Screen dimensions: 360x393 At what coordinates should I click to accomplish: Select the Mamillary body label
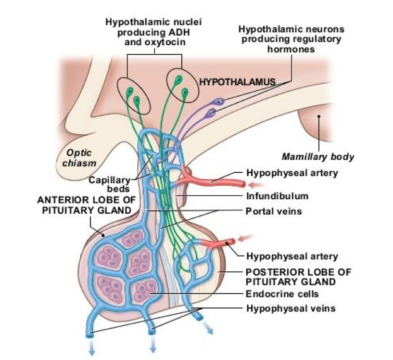pos(317,156)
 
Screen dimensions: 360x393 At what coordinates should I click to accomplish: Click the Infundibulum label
pos(277,196)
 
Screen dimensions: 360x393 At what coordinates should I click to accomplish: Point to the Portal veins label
pos(274,210)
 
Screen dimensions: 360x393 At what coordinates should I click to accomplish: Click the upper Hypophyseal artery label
pos(292,172)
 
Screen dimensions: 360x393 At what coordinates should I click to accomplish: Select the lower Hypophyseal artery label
pos(292,257)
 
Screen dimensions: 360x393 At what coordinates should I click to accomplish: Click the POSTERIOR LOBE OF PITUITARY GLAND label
pos(292,276)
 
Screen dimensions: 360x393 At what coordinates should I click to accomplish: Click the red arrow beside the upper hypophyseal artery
pos(257,184)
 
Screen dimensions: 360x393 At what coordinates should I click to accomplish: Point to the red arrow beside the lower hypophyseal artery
pos(246,237)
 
